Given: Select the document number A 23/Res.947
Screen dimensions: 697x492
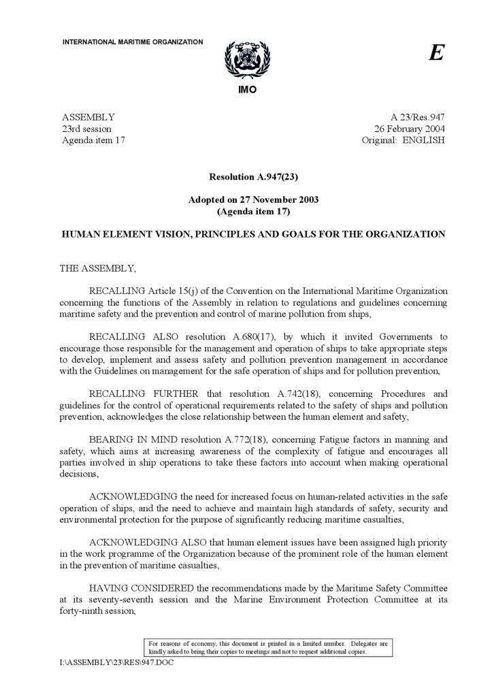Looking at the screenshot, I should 418,117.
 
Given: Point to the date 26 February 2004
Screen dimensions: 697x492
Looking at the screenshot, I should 410,129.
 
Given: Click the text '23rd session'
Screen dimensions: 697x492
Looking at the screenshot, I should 87,129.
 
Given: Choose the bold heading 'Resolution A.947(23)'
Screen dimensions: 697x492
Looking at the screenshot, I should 253,176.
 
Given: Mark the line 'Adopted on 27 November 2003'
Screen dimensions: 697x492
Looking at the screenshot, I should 253,200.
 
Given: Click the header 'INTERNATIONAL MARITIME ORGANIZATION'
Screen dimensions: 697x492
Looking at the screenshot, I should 133,42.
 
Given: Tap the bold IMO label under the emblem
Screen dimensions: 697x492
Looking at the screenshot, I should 247,90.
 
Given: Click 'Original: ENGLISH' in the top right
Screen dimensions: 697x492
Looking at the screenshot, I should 404,140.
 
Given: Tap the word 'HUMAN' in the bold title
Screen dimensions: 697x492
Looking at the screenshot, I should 81,234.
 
